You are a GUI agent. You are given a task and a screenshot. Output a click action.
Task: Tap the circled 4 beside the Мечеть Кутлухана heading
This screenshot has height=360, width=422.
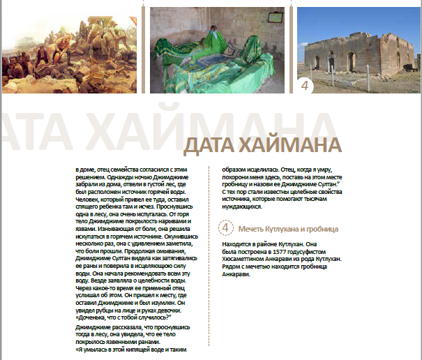[x=226, y=228]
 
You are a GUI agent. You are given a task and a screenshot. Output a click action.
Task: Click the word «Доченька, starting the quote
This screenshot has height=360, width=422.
[x=96, y=317]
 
